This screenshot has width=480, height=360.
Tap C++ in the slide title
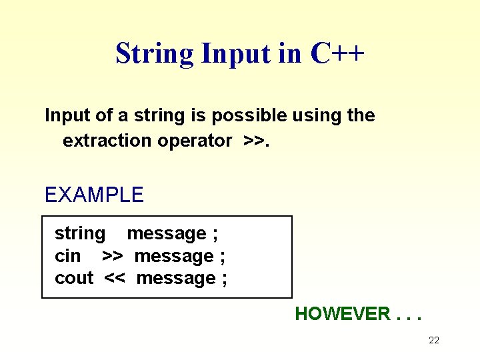[337, 53]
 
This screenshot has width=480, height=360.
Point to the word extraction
[107, 141]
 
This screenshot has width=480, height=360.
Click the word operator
[195, 141]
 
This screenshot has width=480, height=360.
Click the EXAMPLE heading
[94, 195]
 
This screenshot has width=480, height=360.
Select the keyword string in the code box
[80, 234]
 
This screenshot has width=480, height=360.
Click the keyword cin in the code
[67, 256]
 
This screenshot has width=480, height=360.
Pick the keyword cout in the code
[74, 278]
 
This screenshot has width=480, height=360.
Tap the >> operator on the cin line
[112, 256]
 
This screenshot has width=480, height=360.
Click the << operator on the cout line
[115, 278]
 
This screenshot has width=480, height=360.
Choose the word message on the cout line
[176, 278]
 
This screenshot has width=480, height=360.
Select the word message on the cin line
[173, 256]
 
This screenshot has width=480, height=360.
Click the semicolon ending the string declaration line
[215, 234]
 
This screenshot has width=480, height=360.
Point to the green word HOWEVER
[343, 314]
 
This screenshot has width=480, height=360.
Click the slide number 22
[434, 341]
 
